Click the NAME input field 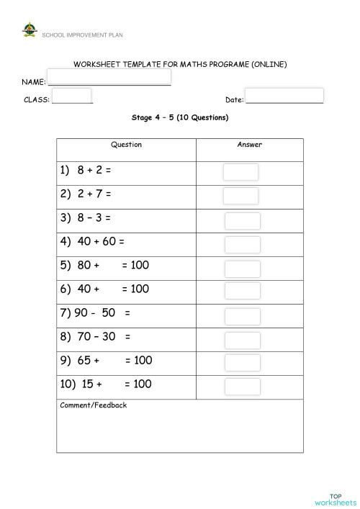point(109,77)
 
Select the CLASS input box point(72,96)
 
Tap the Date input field point(284,96)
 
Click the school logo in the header point(29,31)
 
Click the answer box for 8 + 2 point(240,171)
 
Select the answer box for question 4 point(242,245)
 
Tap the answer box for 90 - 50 point(242,317)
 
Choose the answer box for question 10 point(242,387)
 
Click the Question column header point(126,145)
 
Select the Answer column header point(249,145)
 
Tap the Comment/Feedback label point(94,405)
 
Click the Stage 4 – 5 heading point(179,117)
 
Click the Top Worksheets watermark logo point(335,499)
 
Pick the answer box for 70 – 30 point(242,340)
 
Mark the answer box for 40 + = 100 point(242,291)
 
